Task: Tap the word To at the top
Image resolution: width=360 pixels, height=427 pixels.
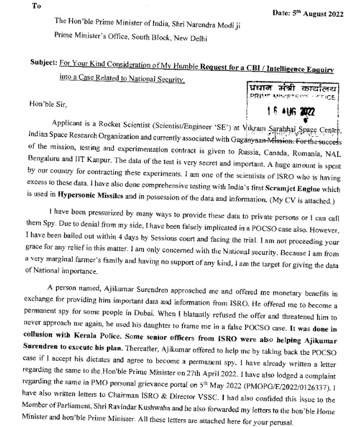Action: coord(37,6)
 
